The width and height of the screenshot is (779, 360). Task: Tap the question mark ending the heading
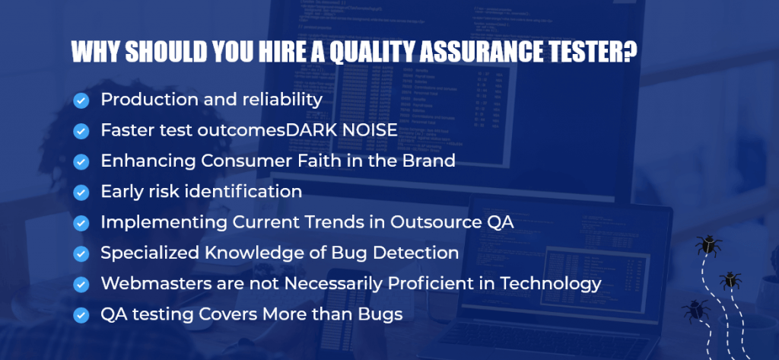click(629, 52)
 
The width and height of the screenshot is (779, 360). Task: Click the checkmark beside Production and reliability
click(81, 101)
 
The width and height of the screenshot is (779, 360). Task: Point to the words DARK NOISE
click(342, 130)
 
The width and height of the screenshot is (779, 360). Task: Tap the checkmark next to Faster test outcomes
click(81, 131)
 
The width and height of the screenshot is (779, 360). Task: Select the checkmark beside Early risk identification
click(81, 193)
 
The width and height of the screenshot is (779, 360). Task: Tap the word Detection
click(415, 253)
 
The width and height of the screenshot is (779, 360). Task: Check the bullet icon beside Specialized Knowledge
click(81, 253)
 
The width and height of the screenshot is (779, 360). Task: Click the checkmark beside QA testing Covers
click(81, 315)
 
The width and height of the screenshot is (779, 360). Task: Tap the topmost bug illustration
click(708, 246)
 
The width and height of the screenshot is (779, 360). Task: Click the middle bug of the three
click(730, 280)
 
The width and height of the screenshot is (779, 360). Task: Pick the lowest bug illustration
click(695, 311)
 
